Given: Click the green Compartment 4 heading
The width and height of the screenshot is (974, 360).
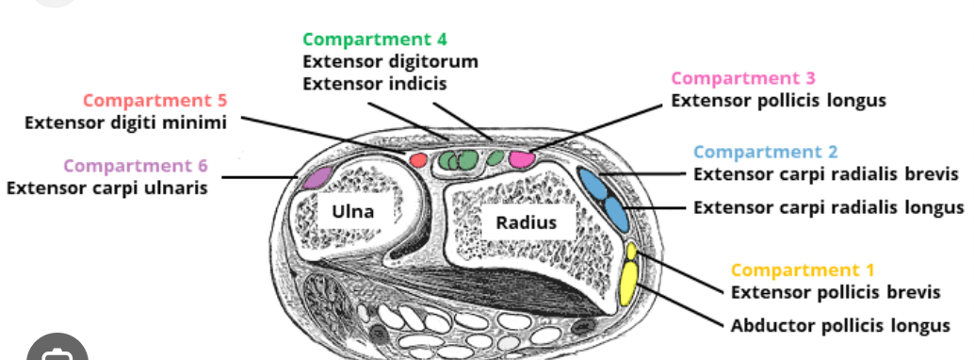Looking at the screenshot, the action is [375, 40].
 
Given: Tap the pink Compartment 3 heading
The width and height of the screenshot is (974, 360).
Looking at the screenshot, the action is [743, 78].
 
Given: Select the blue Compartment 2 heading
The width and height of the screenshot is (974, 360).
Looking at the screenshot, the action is [765, 152].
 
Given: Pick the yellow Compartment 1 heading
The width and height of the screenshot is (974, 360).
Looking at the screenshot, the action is [803, 270].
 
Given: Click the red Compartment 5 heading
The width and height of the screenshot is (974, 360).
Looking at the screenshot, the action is [155, 100].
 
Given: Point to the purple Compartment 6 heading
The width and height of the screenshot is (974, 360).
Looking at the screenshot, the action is [136, 166].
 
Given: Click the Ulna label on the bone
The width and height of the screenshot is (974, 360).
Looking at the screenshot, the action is [353, 211].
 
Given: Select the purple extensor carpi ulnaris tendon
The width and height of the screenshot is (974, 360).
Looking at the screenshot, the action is [317, 178].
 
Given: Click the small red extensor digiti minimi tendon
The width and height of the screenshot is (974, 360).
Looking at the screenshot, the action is [418, 160].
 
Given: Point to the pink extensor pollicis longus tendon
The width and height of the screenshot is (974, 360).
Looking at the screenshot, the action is [522, 159].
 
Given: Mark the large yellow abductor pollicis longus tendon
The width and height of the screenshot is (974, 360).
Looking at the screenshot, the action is [628, 284].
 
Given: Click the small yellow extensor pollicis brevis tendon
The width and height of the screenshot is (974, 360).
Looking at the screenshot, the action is [632, 252].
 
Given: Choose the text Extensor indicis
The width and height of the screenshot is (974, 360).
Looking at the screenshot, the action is [375, 83].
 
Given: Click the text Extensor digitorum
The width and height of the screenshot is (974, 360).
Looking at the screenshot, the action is [391, 62].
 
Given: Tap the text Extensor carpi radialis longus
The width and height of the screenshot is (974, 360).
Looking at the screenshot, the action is [829, 207].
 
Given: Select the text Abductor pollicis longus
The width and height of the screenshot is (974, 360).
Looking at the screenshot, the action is [840, 325].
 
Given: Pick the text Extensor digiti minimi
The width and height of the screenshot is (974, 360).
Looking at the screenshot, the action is [125, 123].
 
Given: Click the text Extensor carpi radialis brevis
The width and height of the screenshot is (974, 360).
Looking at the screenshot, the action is [826, 174].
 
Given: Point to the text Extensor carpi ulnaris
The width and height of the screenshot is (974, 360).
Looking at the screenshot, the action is [106, 188].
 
